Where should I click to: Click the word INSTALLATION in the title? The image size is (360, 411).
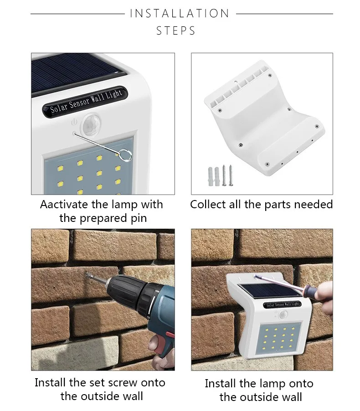point(180,14)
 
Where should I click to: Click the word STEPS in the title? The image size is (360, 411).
point(176,31)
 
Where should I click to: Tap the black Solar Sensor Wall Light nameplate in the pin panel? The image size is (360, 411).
point(85,102)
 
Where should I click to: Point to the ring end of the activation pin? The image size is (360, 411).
point(125,155)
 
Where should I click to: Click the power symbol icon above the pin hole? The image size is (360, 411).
point(74,122)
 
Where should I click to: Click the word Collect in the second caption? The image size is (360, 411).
point(208,205)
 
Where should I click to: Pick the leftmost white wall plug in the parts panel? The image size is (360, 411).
point(211,176)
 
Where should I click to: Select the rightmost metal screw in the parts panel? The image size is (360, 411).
point(231,175)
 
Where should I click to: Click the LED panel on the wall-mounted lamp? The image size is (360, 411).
point(280,338)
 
